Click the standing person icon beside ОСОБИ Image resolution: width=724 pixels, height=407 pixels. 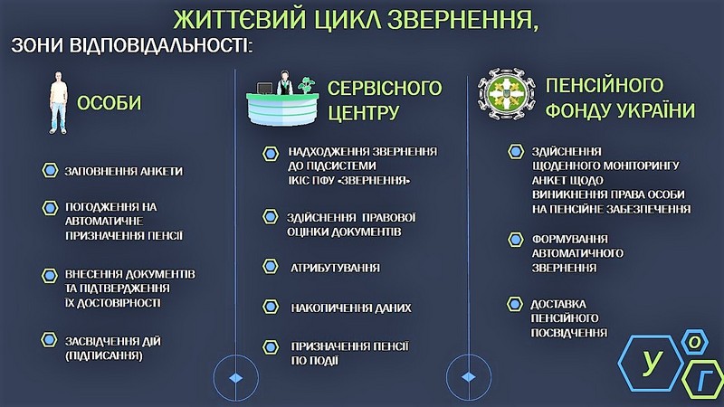[58, 103]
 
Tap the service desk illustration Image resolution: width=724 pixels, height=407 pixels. [282, 99]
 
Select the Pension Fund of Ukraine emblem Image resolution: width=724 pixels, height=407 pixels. [506, 94]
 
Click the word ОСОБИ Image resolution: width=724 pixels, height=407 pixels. [109, 103]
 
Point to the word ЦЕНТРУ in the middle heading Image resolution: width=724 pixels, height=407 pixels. [363, 112]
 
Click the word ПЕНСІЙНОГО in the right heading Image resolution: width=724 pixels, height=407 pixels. [604, 85]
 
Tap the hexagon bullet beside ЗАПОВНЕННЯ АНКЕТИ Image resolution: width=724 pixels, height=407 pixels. [50, 170]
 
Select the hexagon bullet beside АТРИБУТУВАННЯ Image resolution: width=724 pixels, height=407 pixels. [271, 266]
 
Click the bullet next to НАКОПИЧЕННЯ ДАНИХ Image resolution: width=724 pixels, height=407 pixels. [271, 307]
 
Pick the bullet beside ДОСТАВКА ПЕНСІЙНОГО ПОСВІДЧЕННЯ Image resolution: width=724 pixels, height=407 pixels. [515, 304]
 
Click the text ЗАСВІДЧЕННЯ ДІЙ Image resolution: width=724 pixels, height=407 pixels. [112, 342]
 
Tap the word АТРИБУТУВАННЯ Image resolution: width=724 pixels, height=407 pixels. [335, 268]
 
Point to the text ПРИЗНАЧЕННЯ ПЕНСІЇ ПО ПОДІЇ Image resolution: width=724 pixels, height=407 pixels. [349, 354]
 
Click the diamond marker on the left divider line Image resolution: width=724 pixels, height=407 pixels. [236, 378]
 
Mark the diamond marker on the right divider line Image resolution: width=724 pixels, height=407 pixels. [469, 377]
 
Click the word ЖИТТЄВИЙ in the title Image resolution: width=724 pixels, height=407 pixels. [240, 19]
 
